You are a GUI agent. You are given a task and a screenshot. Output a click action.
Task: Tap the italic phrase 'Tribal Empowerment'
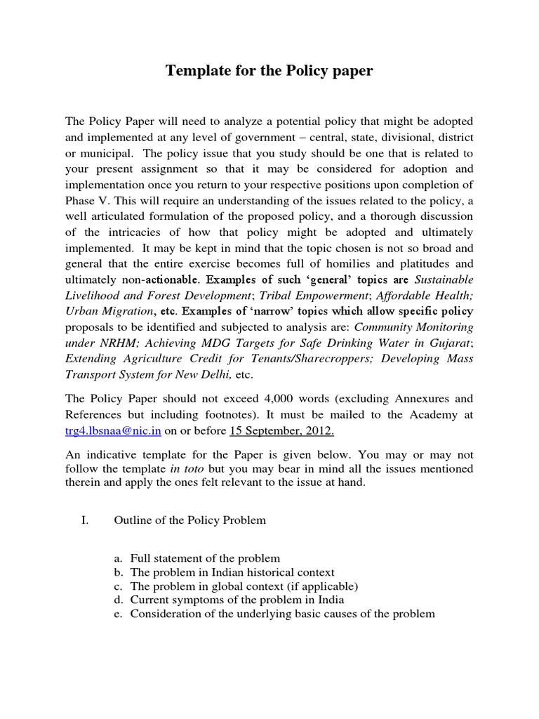(x=328, y=295)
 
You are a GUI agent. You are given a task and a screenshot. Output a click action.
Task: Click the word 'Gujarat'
(x=449, y=342)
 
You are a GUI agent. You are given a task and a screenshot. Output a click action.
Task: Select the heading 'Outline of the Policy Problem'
(x=189, y=520)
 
